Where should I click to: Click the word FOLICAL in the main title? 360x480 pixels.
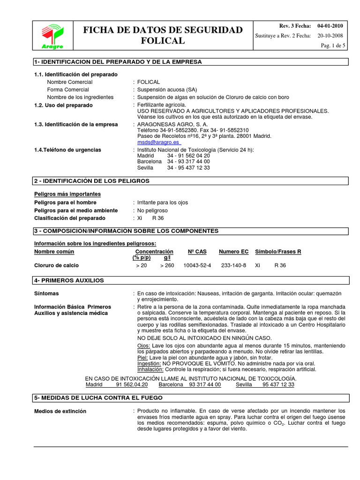[163, 41]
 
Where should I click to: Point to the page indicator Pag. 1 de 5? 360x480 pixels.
[333, 45]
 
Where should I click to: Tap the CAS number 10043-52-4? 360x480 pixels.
[197, 265]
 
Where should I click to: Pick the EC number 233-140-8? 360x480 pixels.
[233, 265]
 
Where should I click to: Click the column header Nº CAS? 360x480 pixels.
[197, 252]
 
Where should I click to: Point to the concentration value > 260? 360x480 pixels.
[167, 265]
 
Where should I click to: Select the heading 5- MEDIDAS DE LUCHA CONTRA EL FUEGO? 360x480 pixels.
[98, 397]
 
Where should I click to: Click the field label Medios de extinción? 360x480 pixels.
[60, 411]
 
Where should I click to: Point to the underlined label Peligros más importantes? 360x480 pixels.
[67, 194]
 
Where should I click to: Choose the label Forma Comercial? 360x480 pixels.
[68, 90]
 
